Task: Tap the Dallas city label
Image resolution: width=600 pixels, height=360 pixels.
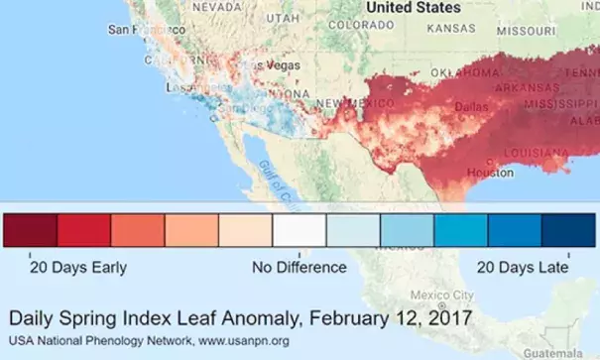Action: [470, 105]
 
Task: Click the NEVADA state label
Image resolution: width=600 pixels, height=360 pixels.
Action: [216, 6]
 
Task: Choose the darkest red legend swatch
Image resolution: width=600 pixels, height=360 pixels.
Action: [31, 231]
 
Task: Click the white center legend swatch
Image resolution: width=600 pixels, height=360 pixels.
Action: [300, 231]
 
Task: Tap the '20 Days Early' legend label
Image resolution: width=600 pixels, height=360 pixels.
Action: [77, 268]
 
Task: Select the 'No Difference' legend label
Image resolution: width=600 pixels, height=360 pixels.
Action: [299, 268]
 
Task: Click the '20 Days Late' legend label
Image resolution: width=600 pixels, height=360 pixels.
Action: [522, 268]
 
